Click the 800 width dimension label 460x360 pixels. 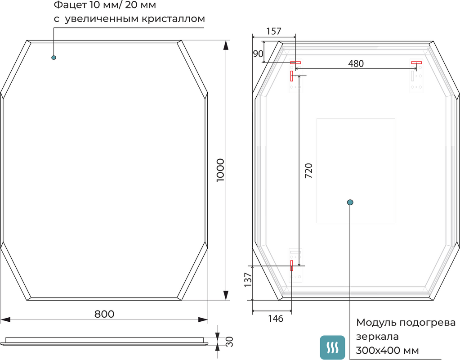click(x=104, y=314)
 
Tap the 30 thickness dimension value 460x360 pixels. click(x=230, y=342)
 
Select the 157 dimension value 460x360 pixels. click(x=274, y=31)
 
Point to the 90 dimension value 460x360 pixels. click(x=258, y=54)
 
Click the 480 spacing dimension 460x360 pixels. click(x=356, y=63)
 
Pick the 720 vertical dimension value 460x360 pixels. click(x=308, y=171)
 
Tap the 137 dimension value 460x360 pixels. click(x=248, y=280)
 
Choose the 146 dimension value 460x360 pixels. click(x=276, y=319)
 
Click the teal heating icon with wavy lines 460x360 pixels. click(x=332, y=348)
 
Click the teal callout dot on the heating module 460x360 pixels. click(x=350, y=202)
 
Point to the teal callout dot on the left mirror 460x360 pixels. click(x=54, y=58)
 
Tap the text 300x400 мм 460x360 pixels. click(x=387, y=350)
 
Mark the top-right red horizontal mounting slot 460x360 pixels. click(x=416, y=63)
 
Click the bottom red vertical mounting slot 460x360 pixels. click(x=292, y=265)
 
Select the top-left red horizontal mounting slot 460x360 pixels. click(x=295, y=63)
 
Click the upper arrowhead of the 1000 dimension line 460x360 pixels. click(x=226, y=45)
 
